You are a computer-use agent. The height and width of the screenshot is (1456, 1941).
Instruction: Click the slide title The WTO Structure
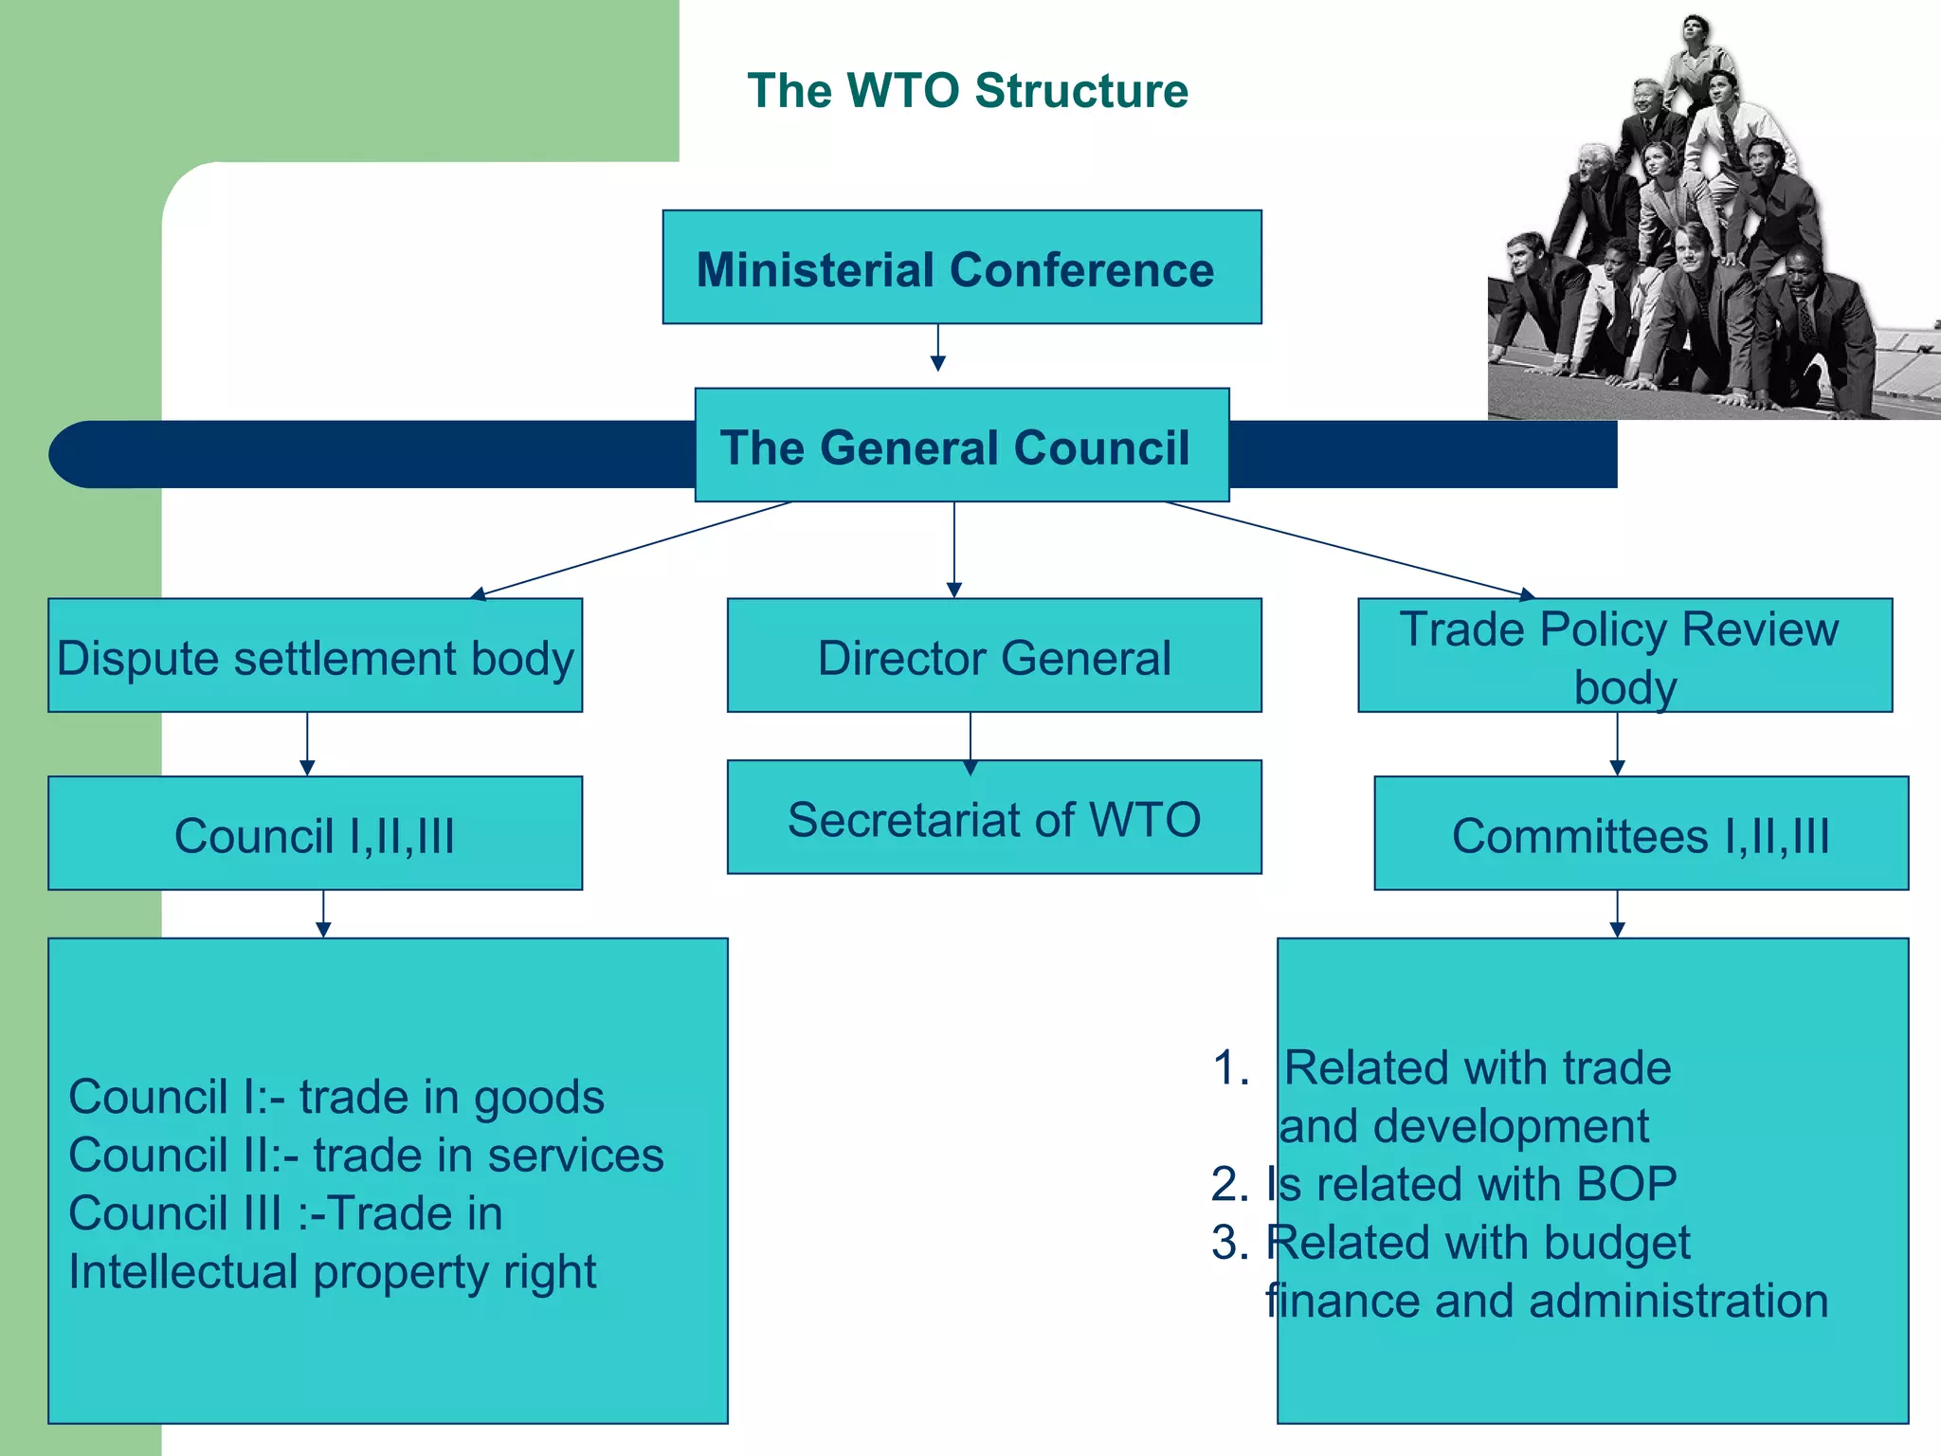tap(967, 91)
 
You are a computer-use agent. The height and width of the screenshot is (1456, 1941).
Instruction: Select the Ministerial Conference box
tap(961, 268)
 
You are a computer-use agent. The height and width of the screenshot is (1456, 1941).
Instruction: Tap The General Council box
tap(961, 446)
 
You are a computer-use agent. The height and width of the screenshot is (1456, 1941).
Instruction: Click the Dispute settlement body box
tap(315, 656)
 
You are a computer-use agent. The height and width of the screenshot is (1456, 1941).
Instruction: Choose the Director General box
tap(993, 656)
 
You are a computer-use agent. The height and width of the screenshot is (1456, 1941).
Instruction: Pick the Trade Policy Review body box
tap(1624, 656)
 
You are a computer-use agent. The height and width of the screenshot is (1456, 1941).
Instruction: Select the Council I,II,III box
tap(315, 834)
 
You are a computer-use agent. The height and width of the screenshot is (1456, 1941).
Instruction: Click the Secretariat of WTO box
tap(993, 818)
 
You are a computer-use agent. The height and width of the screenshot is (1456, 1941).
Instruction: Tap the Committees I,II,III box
tap(1641, 834)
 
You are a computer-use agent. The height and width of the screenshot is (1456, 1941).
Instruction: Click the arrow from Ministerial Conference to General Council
tap(937, 348)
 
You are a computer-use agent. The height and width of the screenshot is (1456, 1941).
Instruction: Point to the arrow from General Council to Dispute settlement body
tap(633, 550)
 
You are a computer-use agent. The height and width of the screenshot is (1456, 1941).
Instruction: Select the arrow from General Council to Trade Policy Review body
tap(1351, 550)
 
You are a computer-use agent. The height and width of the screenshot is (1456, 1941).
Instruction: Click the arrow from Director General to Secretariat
tap(970, 741)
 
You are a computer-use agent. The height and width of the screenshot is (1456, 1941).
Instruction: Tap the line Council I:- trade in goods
tap(336, 1097)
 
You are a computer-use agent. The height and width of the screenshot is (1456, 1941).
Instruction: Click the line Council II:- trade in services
tap(366, 1155)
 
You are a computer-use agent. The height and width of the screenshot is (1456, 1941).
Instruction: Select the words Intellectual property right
tap(332, 1272)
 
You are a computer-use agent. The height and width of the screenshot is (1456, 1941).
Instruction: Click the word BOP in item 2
tap(1625, 1184)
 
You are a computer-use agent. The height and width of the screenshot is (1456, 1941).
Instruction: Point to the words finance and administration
tap(1546, 1301)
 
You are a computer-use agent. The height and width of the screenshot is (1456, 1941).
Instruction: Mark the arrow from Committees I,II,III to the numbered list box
tap(1617, 914)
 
